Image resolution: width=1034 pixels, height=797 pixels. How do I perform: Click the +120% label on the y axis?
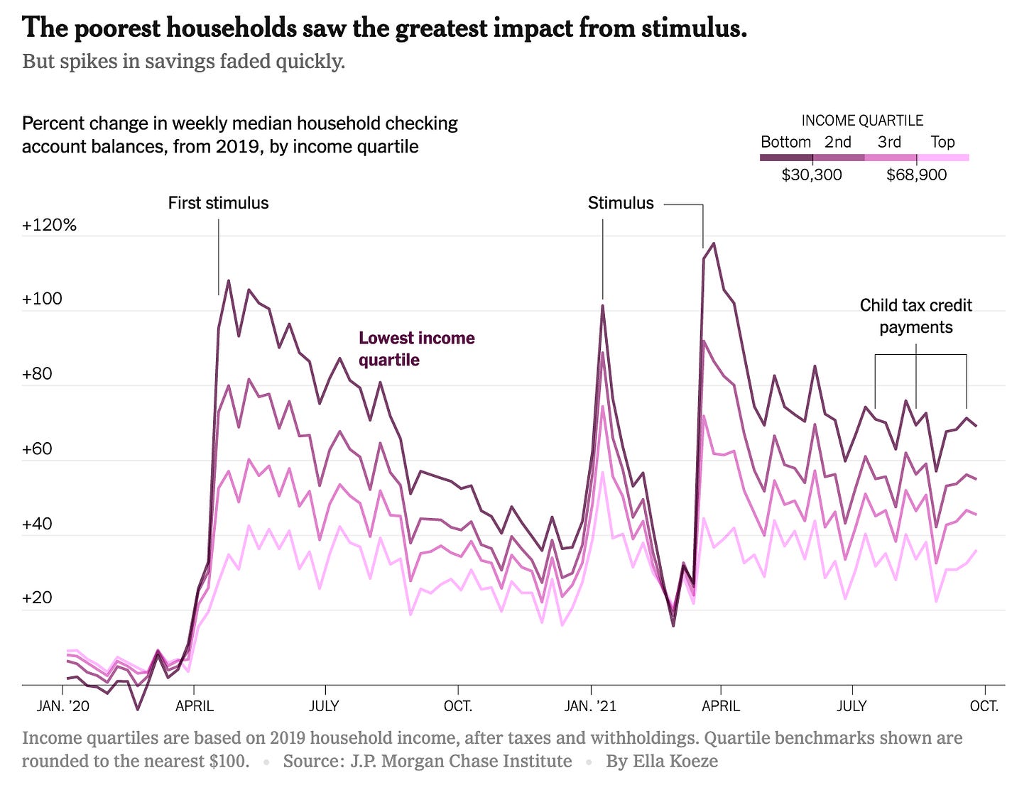click(x=49, y=226)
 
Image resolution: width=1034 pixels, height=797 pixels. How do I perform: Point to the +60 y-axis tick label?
click(x=37, y=449)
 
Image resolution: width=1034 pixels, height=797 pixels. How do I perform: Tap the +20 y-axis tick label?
click(x=37, y=598)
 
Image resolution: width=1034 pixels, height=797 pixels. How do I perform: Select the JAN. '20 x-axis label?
click(x=63, y=706)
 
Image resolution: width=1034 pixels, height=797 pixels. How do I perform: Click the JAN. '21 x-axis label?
click(x=590, y=706)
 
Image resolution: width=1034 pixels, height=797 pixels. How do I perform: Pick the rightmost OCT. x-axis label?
click(x=984, y=706)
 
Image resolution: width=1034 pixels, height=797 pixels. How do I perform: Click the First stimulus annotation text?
click(x=218, y=203)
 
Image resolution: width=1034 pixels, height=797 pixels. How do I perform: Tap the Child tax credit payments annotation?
click(x=915, y=316)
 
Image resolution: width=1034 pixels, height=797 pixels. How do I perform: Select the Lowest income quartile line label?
click(x=416, y=348)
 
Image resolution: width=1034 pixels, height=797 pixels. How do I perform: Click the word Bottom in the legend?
click(x=785, y=142)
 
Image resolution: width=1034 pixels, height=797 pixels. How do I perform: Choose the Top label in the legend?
click(x=942, y=142)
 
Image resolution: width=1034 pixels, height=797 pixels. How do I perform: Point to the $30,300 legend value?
click(x=812, y=175)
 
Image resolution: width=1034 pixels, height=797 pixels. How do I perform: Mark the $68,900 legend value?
click(x=916, y=175)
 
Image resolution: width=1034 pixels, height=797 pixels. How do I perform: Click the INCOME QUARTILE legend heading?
click(x=862, y=121)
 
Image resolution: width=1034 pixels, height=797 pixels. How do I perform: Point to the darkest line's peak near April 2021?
click(x=713, y=243)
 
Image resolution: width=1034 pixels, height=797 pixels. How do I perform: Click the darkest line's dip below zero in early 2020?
click(x=138, y=708)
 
